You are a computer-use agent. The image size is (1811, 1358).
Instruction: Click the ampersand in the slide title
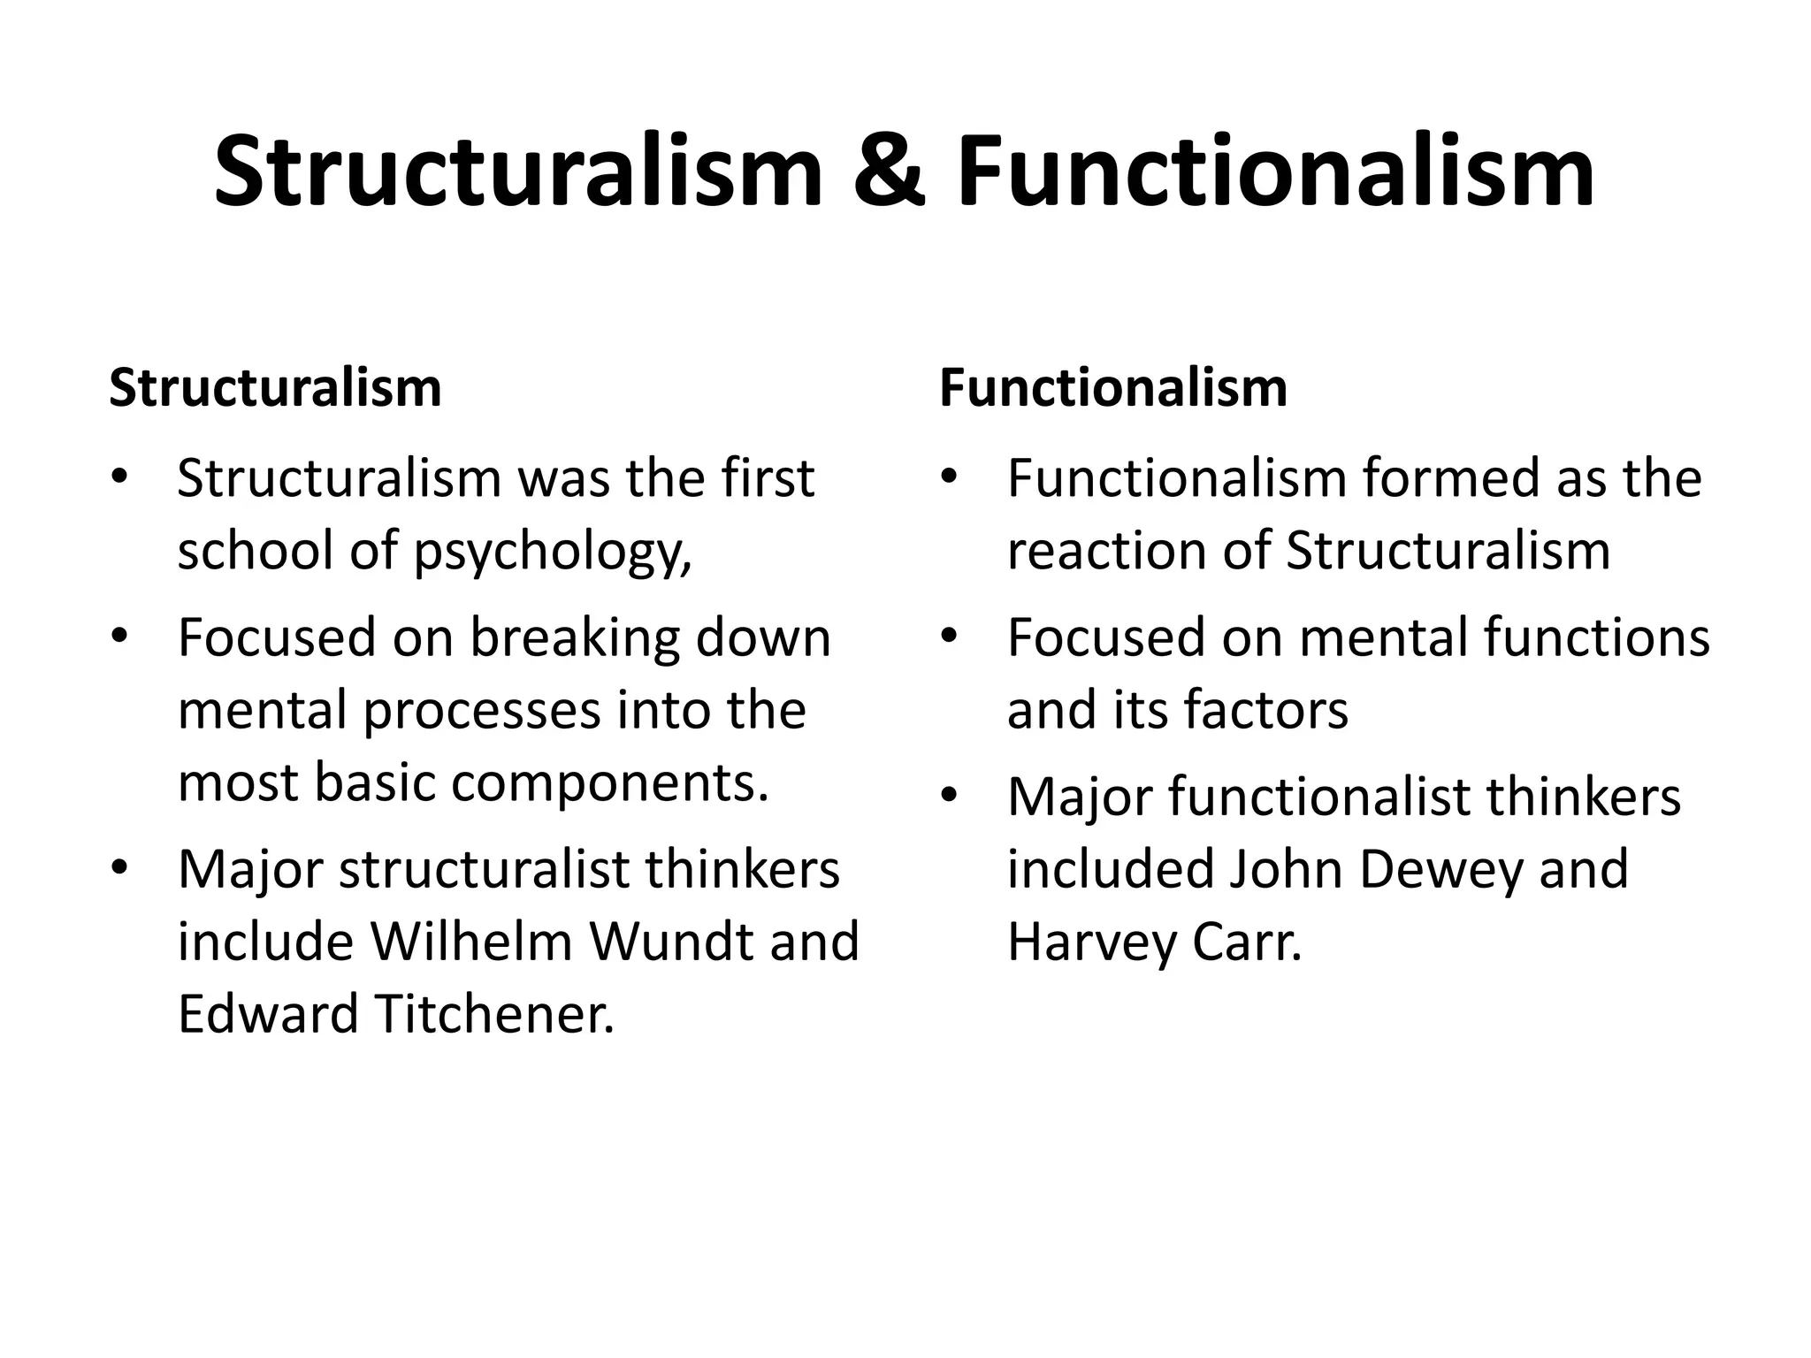click(890, 172)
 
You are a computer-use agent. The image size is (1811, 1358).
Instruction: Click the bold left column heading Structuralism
click(275, 388)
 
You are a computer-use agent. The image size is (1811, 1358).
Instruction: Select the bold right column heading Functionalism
click(1113, 388)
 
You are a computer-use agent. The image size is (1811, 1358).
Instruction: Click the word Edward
click(268, 1014)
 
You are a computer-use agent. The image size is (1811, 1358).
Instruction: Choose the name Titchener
click(494, 1014)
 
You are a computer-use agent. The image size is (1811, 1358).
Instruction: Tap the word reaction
click(1106, 552)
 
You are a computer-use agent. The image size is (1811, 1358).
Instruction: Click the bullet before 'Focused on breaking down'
click(119, 637)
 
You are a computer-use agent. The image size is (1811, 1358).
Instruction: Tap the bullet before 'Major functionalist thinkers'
click(950, 797)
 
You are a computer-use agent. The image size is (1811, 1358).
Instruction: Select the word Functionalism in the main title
click(1276, 172)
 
